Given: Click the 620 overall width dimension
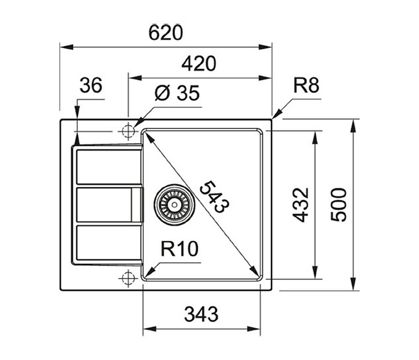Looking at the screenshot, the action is [x=165, y=33].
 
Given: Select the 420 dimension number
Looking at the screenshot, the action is [x=198, y=64].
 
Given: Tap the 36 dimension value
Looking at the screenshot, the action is [x=91, y=85].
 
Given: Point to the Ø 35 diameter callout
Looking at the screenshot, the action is [x=177, y=93].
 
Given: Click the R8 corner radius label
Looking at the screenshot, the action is [x=306, y=85].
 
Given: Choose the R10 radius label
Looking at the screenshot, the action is [x=179, y=249].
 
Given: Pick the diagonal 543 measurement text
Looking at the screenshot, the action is [x=215, y=197].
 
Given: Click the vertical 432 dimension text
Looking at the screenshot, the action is [x=301, y=205].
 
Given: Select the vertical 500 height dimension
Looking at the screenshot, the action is [x=338, y=205].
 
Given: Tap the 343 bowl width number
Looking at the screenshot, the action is [x=201, y=314].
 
